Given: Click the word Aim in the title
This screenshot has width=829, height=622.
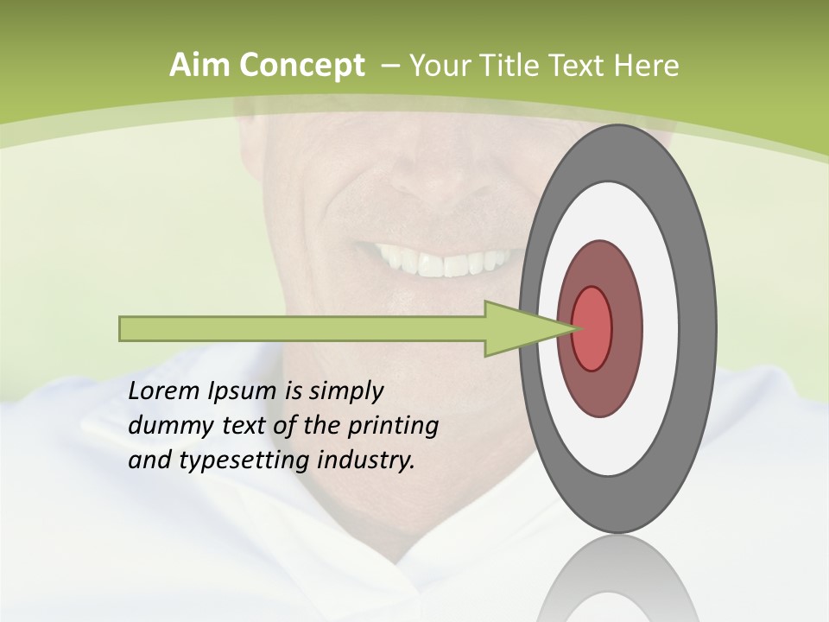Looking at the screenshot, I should (192, 66).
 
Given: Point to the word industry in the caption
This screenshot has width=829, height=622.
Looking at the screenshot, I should (366, 460).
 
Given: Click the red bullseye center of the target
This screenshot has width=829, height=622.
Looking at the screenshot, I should (592, 328).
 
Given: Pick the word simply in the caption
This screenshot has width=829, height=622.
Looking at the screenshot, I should (345, 392).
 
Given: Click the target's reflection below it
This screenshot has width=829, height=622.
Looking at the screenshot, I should (618, 579).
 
